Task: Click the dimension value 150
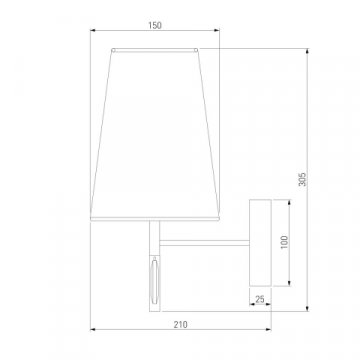(x=155, y=25)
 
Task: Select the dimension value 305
(x=302, y=179)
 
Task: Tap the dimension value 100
(x=284, y=243)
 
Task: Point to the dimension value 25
(x=260, y=299)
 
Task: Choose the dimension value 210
(x=181, y=324)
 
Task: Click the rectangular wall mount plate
(x=260, y=243)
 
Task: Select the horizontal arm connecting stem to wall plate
(x=205, y=243)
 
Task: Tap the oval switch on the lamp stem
(x=155, y=280)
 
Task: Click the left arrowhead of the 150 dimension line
(x=93, y=30)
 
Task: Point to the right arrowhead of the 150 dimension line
(x=216, y=30)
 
